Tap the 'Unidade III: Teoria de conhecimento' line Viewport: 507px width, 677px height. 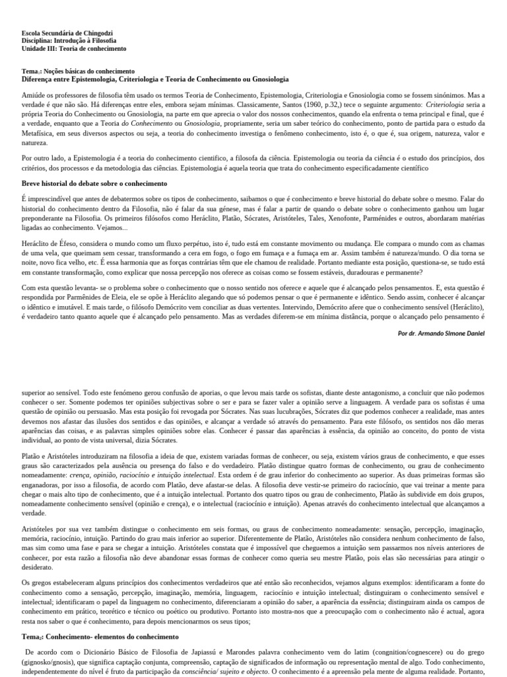74,49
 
